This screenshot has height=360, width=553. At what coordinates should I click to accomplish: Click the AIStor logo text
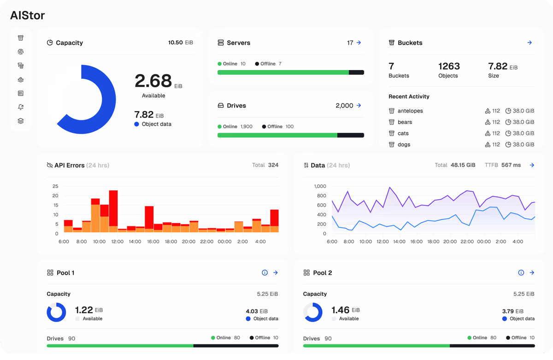click(28, 15)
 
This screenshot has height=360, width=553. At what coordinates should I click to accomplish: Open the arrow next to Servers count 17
click(359, 43)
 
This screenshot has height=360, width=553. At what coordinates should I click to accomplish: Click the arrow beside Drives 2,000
click(359, 106)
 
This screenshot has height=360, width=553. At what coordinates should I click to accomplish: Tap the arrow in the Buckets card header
click(529, 43)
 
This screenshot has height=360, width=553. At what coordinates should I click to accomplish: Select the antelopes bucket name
click(410, 111)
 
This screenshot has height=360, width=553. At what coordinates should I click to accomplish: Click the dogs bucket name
click(404, 145)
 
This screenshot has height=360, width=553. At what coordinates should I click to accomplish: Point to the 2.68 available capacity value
click(153, 81)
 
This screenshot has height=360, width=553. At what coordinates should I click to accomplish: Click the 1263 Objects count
click(449, 66)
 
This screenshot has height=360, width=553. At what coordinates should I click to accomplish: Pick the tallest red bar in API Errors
click(113, 208)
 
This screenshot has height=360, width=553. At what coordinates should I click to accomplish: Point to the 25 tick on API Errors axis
click(55, 186)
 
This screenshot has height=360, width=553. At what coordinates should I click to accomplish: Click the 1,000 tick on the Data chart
click(320, 186)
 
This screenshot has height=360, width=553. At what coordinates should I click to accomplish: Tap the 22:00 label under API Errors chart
click(207, 242)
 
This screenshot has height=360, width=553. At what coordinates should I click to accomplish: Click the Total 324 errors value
click(273, 165)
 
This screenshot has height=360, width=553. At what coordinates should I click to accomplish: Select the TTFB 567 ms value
click(511, 165)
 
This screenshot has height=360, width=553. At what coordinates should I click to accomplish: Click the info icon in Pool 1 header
click(265, 273)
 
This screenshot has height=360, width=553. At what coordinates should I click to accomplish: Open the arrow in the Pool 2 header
click(532, 273)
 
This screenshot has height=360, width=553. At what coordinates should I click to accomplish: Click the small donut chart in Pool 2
click(312, 313)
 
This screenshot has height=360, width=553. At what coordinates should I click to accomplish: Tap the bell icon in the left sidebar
click(21, 107)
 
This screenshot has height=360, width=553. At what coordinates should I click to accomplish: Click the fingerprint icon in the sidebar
click(21, 52)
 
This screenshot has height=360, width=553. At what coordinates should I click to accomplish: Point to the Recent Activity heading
click(409, 97)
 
